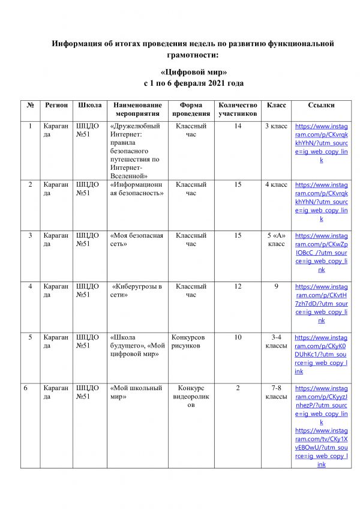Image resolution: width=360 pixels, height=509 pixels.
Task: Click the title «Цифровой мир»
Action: click(193, 72)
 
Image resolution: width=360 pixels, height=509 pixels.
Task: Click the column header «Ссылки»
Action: click(321, 105)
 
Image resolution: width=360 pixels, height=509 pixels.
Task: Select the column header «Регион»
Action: click(56, 105)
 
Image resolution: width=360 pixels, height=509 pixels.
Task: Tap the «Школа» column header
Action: click(90, 105)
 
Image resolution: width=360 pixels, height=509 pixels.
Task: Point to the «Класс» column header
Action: click(276, 105)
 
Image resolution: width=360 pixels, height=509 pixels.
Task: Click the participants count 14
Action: click(238, 127)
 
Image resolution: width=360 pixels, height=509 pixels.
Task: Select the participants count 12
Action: click(238, 286)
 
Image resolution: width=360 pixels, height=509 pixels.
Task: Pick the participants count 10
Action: click(238, 337)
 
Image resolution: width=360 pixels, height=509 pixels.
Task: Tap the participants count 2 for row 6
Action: click(238, 388)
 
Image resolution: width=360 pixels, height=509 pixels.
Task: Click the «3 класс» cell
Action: click(276, 127)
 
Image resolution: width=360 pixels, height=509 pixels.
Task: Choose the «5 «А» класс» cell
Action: click(276, 240)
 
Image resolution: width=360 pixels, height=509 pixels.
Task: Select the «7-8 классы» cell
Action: click(276, 393)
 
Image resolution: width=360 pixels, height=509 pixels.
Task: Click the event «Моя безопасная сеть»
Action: click(137, 239)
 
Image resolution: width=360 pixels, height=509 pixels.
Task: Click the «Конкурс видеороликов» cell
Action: click(191, 397)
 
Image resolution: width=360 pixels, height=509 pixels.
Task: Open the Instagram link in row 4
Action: click(321, 304)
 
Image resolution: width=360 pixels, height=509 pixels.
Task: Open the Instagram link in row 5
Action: click(321, 355)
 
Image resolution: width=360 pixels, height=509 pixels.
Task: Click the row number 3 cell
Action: click(30, 235)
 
